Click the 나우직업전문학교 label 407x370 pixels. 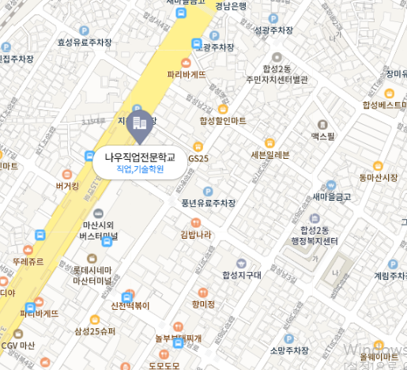point(139,157)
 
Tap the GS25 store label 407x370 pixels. point(198,158)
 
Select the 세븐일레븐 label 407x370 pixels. point(270,154)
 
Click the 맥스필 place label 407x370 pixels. point(322,136)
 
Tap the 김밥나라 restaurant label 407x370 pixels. point(195,234)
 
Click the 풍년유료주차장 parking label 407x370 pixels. point(209,202)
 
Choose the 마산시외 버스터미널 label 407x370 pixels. point(99,230)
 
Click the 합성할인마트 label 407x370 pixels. point(223,120)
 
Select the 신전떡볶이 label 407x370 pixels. point(130,305)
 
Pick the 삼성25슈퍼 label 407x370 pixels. point(95,330)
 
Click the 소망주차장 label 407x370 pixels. point(288,349)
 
